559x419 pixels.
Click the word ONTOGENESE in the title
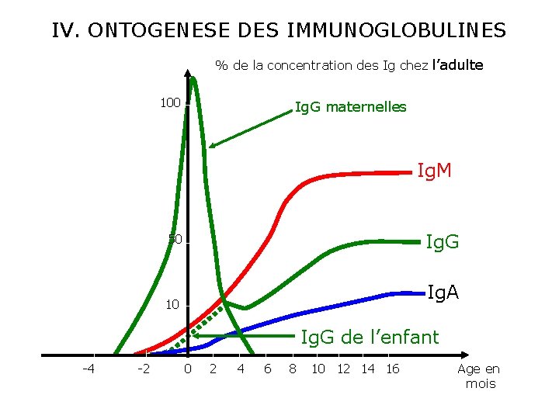point(159,30)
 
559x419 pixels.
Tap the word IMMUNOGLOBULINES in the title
point(397,30)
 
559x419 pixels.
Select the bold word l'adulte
point(458,65)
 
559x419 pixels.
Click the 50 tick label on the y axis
point(175,240)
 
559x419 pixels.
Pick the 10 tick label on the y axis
point(172,305)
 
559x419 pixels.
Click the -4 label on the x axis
point(89,369)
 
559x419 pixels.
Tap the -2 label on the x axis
point(144,369)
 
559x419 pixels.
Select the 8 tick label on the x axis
point(293,369)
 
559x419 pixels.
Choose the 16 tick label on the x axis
point(393,369)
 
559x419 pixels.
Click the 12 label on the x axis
point(344,369)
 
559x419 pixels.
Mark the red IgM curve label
point(434,170)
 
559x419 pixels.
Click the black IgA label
point(443,293)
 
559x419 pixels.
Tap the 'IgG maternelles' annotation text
point(351,107)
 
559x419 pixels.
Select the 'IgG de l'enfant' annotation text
point(370,337)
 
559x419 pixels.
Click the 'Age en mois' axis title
point(479,376)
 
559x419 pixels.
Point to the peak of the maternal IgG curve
point(193,78)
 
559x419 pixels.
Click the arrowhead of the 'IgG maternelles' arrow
point(212,145)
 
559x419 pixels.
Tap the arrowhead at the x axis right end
point(465,355)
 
